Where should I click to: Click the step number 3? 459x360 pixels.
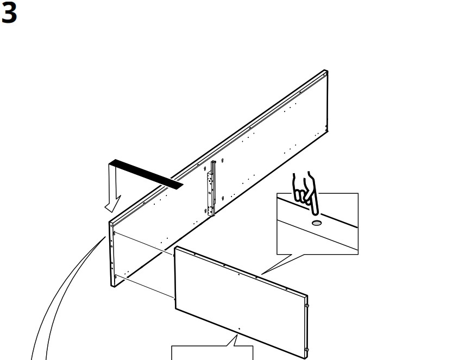[9, 14]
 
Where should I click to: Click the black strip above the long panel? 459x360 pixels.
[146, 174]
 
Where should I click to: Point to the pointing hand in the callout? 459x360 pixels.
[305, 193]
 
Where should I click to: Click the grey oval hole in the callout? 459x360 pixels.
[317, 223]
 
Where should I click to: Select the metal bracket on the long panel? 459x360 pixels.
[211, 188]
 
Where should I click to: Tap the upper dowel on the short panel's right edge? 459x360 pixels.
[307, 306]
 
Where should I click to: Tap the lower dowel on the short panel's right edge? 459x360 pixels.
[307, 350]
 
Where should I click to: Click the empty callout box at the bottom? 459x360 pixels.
[212, 353]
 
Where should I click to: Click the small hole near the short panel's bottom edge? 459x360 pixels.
[239, 329]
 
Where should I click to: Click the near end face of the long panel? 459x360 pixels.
[111, 254]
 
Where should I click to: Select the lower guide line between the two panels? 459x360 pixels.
[146, 287]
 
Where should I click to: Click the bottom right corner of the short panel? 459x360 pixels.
[306, 358]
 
